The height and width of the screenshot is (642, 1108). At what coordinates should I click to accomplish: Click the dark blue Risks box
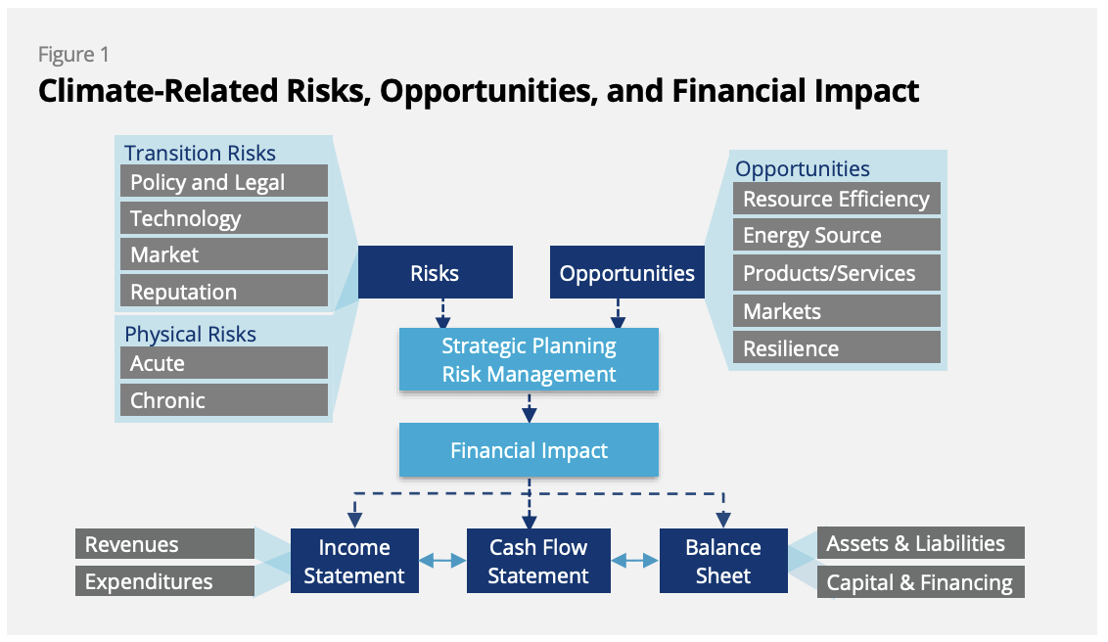tap(436, 272)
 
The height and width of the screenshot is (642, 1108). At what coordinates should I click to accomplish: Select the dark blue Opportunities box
tap(626, 272)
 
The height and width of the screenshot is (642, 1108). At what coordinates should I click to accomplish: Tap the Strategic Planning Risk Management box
tap(529, 359)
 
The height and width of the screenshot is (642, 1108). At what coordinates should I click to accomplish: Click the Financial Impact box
tap(529, 450)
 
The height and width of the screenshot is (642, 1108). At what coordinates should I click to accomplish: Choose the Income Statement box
tap(354, 561)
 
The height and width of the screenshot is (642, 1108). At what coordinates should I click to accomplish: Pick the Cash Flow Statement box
tap(538, 561)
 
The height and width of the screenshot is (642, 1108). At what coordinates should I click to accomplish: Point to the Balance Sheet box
tap(723, 561)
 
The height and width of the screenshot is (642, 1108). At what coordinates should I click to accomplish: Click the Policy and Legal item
tap(224, 181)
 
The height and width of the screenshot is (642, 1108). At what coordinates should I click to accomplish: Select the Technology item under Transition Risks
tap(224, 217)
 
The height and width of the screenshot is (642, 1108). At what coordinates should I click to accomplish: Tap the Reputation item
tap(224, 291)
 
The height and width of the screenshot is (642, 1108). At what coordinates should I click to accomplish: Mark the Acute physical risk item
tap(224, 363)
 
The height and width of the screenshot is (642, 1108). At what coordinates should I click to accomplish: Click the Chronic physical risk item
tap(224, 399)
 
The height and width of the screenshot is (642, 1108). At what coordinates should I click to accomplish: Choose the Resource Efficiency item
tap(837, 199)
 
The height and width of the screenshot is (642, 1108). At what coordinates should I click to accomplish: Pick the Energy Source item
tap(837, 235)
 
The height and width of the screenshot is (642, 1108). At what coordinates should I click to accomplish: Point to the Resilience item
tap(837, 347)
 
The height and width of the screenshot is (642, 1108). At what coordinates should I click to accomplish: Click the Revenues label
tap(164, 544)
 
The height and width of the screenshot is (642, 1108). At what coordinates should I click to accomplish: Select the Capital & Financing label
tap(921, 582)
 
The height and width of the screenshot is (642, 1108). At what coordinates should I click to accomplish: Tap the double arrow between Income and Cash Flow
tap(443, 561)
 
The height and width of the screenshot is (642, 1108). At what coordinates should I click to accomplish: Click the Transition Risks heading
tap(200, 153)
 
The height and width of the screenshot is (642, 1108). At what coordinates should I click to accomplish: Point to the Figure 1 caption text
tap(73, 55)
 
